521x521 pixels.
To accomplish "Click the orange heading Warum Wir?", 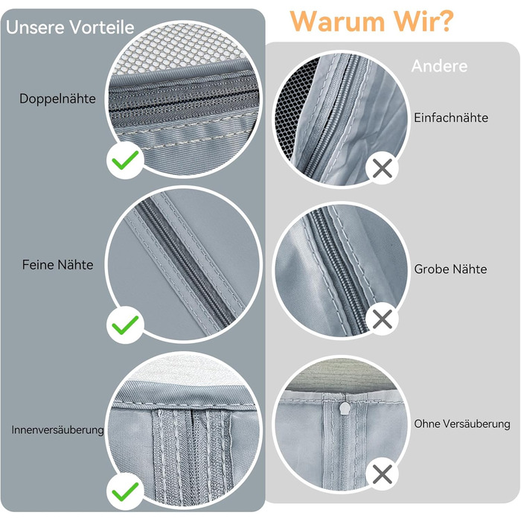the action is (371, 22).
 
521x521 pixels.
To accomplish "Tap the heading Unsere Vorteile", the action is (70, 27).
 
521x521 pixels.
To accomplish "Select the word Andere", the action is (439, 66).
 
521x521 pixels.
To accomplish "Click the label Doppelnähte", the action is (57, 99).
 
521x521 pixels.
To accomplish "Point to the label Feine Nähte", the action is (57, 265).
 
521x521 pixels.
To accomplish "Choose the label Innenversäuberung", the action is (58, 430).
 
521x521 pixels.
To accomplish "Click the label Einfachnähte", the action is (451, 118).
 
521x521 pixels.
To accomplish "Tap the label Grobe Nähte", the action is (450, 269).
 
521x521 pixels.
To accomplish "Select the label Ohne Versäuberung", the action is (462, 423).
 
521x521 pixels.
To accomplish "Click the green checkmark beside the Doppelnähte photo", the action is (125, 160).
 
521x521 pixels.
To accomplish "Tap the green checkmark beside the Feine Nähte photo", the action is (125, 325).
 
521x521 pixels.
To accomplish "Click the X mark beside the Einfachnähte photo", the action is (383, 167).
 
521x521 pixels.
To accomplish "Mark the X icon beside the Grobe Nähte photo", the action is (383, 319).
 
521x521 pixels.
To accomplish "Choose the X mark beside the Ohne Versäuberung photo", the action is (383, 474).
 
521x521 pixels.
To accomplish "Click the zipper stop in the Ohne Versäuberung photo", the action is (345, 408).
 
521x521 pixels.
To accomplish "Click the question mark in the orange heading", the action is (444, 22).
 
